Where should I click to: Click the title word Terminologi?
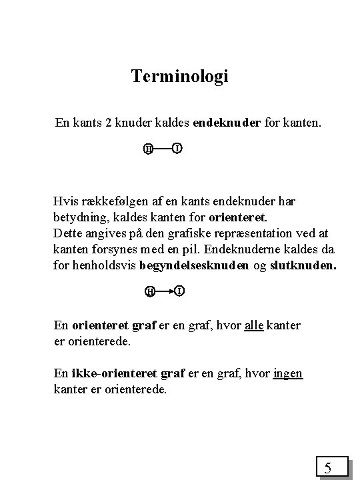coord(180,77)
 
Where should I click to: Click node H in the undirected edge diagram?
coord(148,148)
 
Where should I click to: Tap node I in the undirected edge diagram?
coord(177,147)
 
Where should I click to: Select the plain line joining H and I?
coord(162,147)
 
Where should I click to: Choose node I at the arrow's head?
coord(180,291)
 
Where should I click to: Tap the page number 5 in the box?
coord(328,468)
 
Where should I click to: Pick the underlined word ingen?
coord(288,373)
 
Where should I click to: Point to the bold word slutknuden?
coord(303,265)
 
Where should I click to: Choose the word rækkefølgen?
coord(113,201)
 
